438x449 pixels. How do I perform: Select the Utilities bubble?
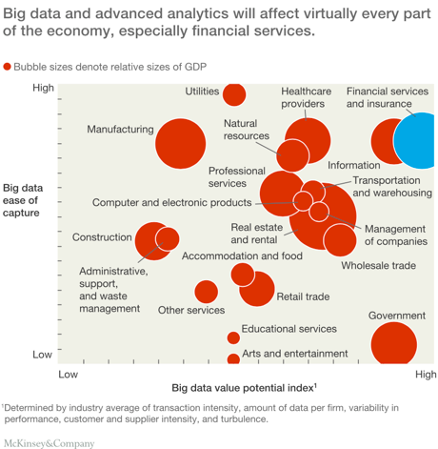(x=234, y=94)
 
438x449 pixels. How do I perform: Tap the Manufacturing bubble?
(x=181, y=144)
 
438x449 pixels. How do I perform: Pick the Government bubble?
(x=394, y=344)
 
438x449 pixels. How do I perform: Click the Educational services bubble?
(x=233, y=337)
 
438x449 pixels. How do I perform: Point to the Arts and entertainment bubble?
(x=233, y=359)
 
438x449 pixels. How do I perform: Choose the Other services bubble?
(x=207, y=292)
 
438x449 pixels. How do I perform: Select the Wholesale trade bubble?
(x=340, y=240)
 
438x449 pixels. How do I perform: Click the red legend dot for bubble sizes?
(x=7, y=67)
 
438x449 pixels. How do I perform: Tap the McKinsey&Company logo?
(x=50, y=443)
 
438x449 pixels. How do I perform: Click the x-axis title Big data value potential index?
(x=245, y=388)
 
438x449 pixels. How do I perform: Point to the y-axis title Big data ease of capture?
(x=23, y=200)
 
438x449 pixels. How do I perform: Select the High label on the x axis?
(x=426, y=375)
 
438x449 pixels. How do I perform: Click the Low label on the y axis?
(x=42, y=355)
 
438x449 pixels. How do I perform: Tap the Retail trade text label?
(x=303, y=296)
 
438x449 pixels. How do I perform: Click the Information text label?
(x=354, y=165)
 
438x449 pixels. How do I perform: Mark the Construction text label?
(x=102, y=237)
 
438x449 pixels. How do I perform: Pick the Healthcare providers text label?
(x=307, y=97)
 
